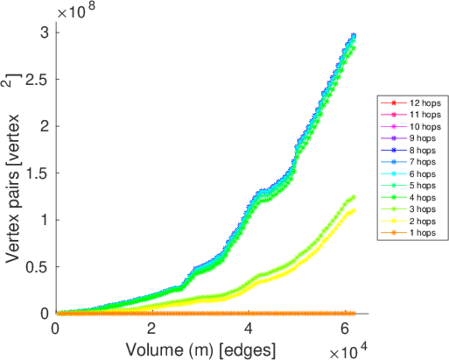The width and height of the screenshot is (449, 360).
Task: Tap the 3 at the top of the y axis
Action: (x=44, y=32)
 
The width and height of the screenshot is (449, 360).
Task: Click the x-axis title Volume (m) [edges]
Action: (x=200, y=348)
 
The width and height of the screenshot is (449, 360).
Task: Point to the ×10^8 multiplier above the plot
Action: (x=77, y=11)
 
